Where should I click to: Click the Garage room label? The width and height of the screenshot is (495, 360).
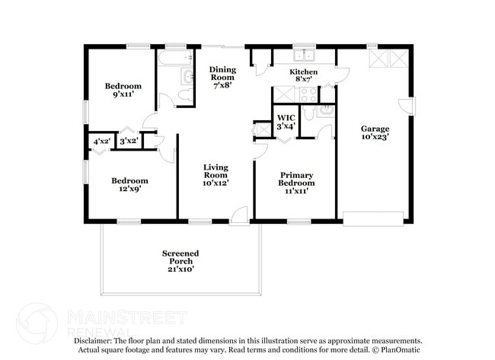click(375, 133)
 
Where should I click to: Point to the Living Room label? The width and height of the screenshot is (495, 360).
click(216, 174)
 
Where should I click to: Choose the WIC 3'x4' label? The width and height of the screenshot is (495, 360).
click(286, 122)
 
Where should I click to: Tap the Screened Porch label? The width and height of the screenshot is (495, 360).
click(180, 260)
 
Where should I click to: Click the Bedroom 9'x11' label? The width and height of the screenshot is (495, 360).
click(123, 91)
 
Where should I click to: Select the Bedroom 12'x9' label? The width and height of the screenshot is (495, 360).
click(129, 185)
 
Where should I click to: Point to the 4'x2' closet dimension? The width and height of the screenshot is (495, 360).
click(101, 141)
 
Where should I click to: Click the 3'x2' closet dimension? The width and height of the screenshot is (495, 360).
click(128, 141)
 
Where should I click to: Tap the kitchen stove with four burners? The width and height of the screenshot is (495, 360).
click(308, 94)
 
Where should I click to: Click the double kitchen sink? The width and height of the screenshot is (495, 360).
click(305, 56)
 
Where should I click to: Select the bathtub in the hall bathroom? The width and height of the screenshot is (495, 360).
click(175, 59)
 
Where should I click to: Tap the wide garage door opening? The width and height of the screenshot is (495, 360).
click(372, 218)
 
